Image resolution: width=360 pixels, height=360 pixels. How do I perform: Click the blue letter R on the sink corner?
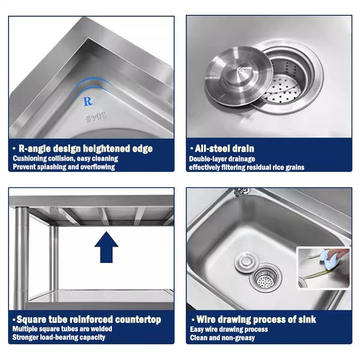pos(87,101)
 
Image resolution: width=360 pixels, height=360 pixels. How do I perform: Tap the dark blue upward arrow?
pos(106,247)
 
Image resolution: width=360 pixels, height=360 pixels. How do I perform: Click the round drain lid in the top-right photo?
pos(239,76)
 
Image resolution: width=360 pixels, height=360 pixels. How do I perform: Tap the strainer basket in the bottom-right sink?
pos(265,278)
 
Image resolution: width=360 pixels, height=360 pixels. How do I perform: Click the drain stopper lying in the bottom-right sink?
pos(247,262)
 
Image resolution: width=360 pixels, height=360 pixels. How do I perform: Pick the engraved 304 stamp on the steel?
pos(96,118)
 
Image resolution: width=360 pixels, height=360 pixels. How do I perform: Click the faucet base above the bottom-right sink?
pos(241,192)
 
